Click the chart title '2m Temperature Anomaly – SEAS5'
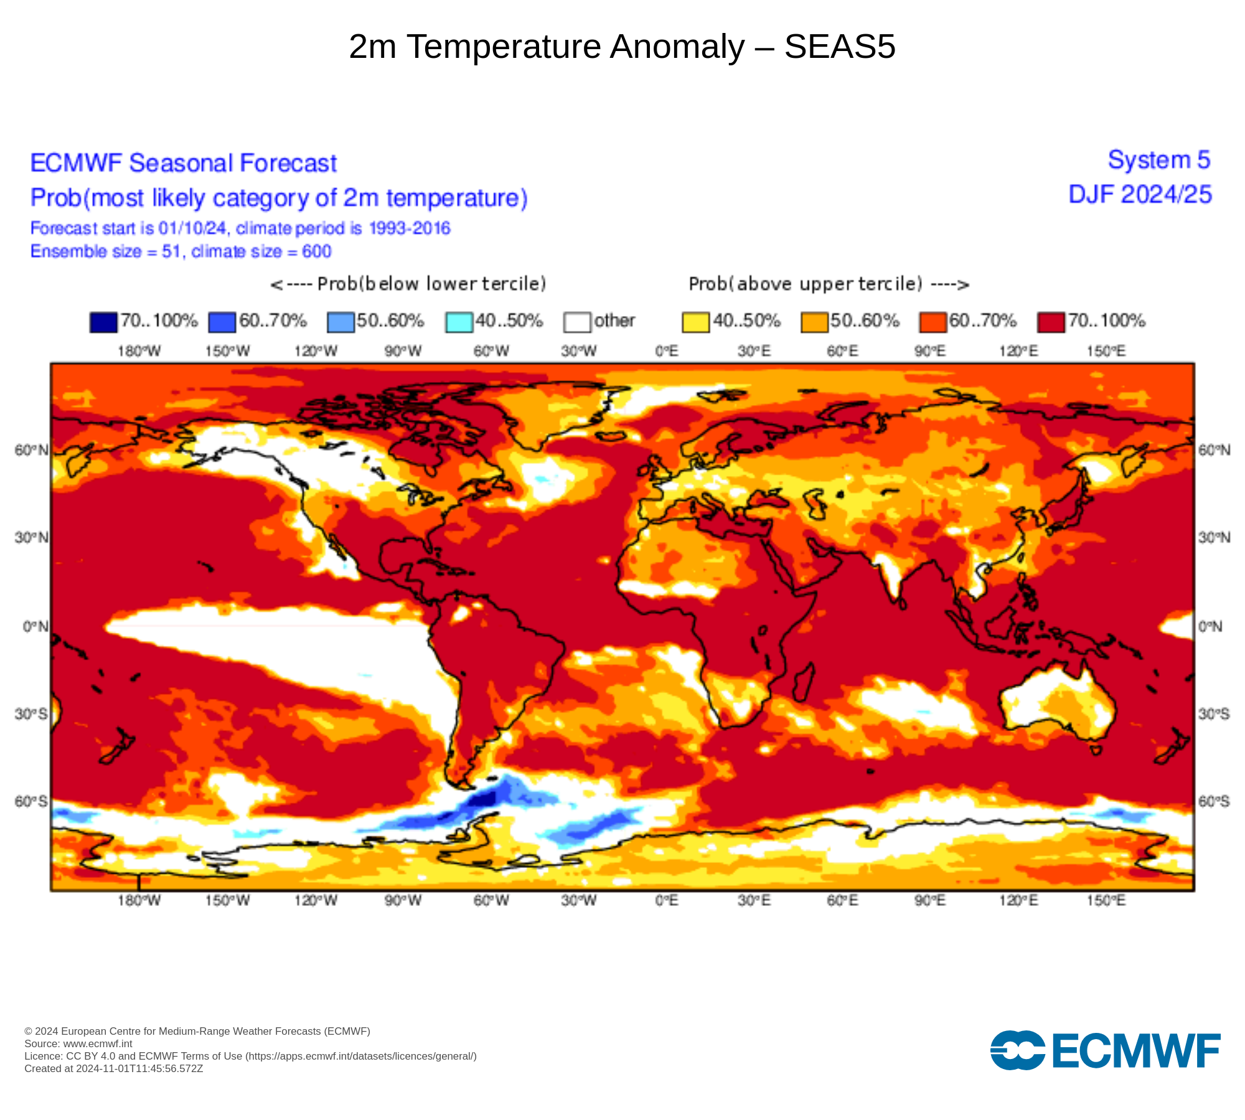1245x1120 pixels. coord(622,47)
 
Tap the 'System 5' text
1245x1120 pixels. coord(1158,161)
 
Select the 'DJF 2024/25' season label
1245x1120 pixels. coord(1140,195)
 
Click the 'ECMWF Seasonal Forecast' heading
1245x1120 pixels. coord(183,164)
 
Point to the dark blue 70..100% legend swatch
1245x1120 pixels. coord(103,322)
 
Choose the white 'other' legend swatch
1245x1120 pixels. coord(577,322)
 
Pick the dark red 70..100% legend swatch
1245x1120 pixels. coord(1051,322)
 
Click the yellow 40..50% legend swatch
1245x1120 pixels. coord(695,322)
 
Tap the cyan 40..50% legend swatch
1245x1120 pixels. coord(459,322)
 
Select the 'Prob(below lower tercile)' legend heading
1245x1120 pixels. coord(408,284)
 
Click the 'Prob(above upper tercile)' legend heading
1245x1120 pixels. coord(829,284)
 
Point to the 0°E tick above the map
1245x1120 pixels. coord(666,352)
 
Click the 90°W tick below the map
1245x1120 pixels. coord(403,900)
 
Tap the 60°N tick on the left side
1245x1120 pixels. coord(31,450)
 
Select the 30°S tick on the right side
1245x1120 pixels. coord(1214,714)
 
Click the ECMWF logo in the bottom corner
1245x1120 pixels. coord(1105,1051)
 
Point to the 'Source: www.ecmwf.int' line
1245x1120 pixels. coord(78,1044)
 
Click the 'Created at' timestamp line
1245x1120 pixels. coord(113,1069)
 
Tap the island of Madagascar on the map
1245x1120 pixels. coord(804,681)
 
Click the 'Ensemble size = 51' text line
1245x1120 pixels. coord(181,252)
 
